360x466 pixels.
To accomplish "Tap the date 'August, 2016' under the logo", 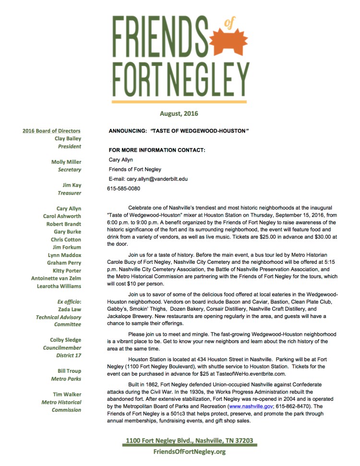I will [179, 114].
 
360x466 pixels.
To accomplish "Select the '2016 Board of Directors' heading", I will [51, 131].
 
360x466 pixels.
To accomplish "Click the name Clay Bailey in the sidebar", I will [68, 138].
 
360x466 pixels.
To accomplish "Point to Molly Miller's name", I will [66, 162].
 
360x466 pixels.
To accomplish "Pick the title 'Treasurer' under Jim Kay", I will [69, 193].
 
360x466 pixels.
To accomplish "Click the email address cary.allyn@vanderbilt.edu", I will [154, 179].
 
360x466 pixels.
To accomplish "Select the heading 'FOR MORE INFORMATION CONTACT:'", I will [157, 150].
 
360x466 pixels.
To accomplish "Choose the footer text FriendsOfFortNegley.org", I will [189, 452].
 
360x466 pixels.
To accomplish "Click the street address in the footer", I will [189, 441].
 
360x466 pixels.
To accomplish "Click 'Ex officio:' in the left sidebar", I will [69, 302].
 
